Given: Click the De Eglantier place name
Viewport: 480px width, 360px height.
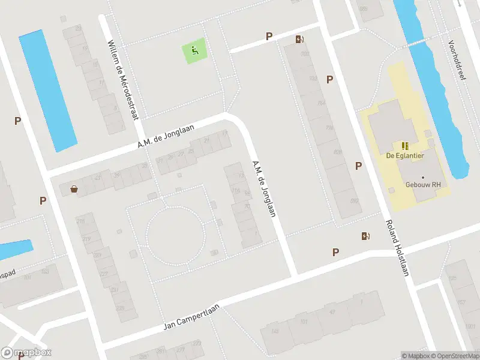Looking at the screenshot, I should coord(405,155).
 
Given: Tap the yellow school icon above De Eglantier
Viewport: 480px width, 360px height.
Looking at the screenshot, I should coord(405,145).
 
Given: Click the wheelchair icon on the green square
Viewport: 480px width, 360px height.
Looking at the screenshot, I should coord(195,50).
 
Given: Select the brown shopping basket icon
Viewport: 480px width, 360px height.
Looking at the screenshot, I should coord(74,189).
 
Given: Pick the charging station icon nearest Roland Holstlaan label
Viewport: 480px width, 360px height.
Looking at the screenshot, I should coord(365,236).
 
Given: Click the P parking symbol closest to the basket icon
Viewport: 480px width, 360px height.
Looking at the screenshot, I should coord(43,200).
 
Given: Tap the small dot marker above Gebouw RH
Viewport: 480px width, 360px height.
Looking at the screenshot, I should coord(422,178).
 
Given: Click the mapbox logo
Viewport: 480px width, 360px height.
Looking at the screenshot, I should coord(26,353).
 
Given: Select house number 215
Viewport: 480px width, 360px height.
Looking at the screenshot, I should coord(80,221).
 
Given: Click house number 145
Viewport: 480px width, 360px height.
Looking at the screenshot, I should coord(275,331).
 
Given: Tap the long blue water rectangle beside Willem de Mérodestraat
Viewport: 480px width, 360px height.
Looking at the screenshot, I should coord(47,90).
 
